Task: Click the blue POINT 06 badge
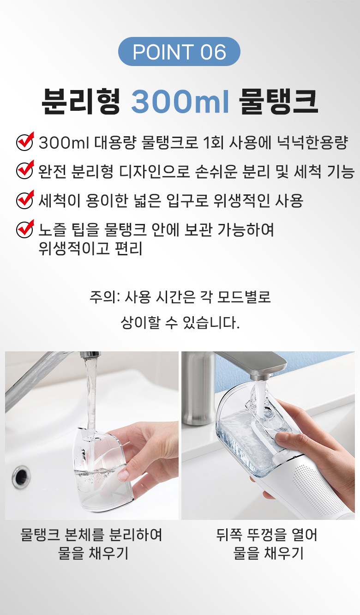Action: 179,51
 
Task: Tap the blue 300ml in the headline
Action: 180,101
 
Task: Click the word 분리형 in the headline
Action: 81,101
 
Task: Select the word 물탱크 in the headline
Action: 278,101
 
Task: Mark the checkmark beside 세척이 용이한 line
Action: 25,199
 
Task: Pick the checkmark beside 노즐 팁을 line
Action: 25,229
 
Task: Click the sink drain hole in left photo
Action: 21,477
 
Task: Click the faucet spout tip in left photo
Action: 90,355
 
